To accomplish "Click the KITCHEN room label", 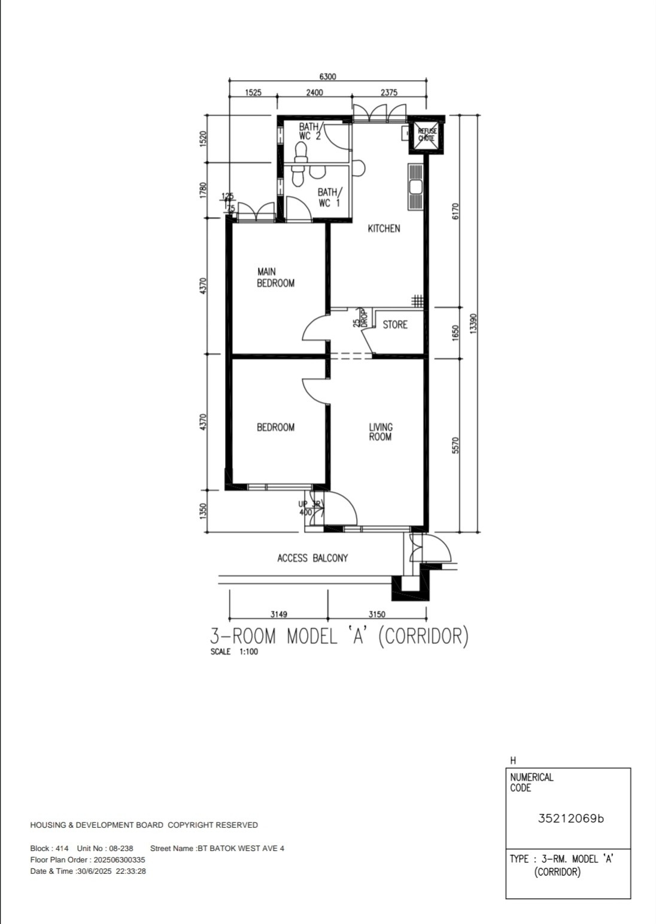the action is pyautogui.click(x=384, y=228).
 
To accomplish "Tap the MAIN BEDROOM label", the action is pyautogui.click(x=276, y=277).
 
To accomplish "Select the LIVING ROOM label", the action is pyautogui.click(x=381, y=432).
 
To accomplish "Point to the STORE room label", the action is pyautogui.click(x=395, y=325).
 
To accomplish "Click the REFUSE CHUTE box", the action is pyautogui.click(x=427, y=135).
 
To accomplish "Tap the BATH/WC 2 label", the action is pyautogui.click(x=309, y=132).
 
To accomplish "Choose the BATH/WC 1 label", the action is pyautogui.click(x=330, y=197).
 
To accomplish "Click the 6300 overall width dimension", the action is pyautogui.click(x=328, y=77).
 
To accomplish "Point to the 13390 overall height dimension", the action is pyautogui.click(x=473, y=324).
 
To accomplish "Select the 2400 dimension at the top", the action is pyautogui.click(x=314, y=92).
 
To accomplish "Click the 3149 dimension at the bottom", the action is pyautogui.click(x=279, y=614).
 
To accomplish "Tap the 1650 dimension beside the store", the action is pyautogui.click(x=455, y=333).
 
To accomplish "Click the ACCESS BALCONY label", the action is pyautogui.click(x=312, y=558).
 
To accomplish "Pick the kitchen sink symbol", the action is pyautogui.click(x=415, y=187).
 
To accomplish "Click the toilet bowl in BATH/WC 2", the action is pyautogui.click(x=301, y=151).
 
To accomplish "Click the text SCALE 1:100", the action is pyautogui.click(x=234, y=652).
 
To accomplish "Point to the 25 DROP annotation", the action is pyautogui.click(x=360, y=318).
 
